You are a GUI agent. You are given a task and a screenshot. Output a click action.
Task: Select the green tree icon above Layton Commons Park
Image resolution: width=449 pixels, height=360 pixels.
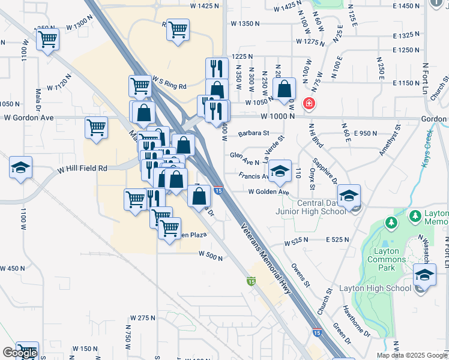click(x=391, y=223)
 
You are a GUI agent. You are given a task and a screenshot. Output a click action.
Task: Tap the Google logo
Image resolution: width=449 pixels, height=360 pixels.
click(x=19, y=353)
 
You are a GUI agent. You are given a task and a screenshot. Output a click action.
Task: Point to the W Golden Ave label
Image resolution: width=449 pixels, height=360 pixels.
click(x=269, y=192)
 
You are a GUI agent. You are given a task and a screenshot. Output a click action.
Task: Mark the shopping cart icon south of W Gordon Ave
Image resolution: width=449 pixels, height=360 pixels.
click(x=97, y=127)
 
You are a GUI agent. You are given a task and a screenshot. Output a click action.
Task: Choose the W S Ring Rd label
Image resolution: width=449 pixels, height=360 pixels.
click(x=169, y=82)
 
